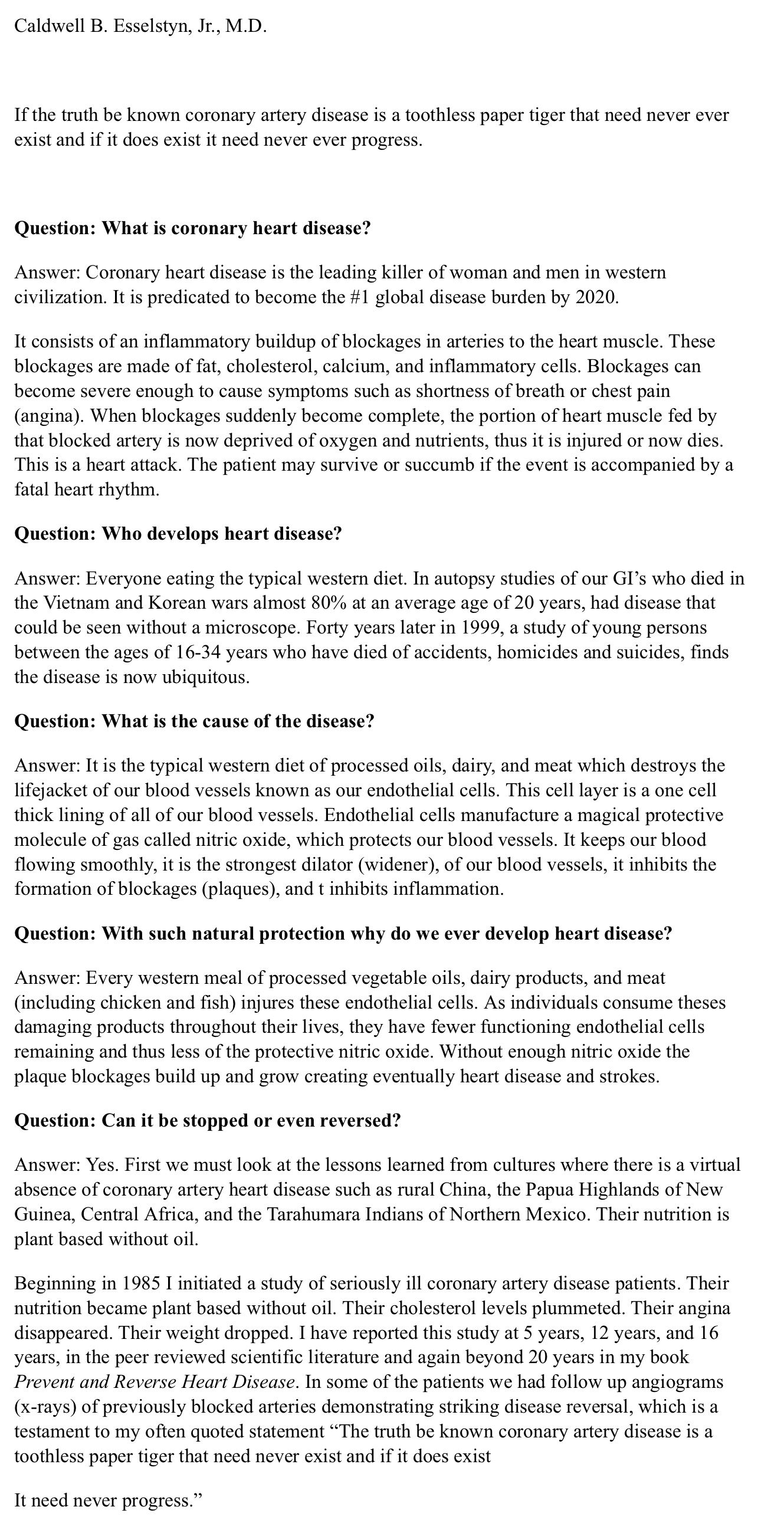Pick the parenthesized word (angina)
48,416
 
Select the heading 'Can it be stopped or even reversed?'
207,1120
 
